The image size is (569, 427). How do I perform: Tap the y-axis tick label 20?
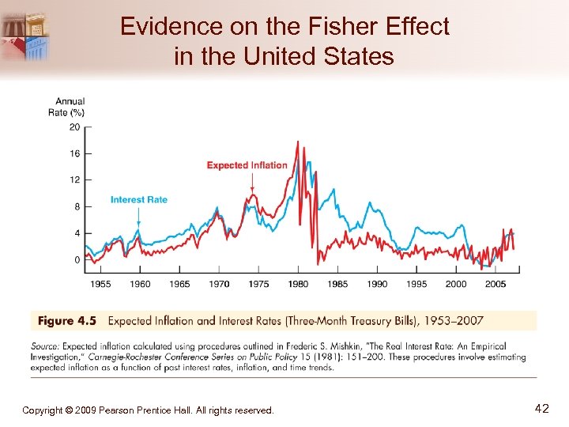[74, 127]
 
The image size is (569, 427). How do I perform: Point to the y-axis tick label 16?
[74, 153]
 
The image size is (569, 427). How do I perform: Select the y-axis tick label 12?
[74, 180]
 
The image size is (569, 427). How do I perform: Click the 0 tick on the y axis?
[77, 260]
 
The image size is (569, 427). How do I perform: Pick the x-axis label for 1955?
[100, 284]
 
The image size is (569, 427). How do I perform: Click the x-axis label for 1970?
[219, 284]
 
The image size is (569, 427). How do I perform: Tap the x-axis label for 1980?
[298, 284]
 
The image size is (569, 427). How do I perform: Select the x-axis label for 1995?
[416, 284]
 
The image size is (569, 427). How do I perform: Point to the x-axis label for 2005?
[496, 284]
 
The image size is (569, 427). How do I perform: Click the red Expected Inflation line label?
[247, 165]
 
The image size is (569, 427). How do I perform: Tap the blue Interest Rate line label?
[139, 199]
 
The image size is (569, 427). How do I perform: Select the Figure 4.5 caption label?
[66, 321]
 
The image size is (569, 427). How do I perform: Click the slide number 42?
[541, 409]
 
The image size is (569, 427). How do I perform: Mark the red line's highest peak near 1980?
[298, 142]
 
